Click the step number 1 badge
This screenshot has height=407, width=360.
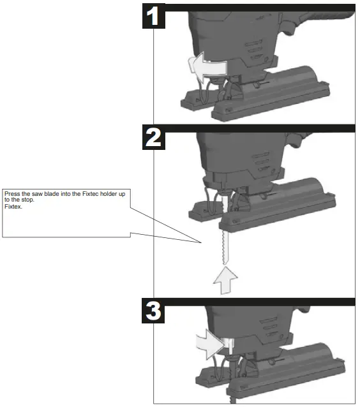click(x=153, y=17)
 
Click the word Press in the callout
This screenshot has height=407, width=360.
click(x=12, y=193)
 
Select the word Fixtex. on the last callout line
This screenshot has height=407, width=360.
click(x=12, y=205)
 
